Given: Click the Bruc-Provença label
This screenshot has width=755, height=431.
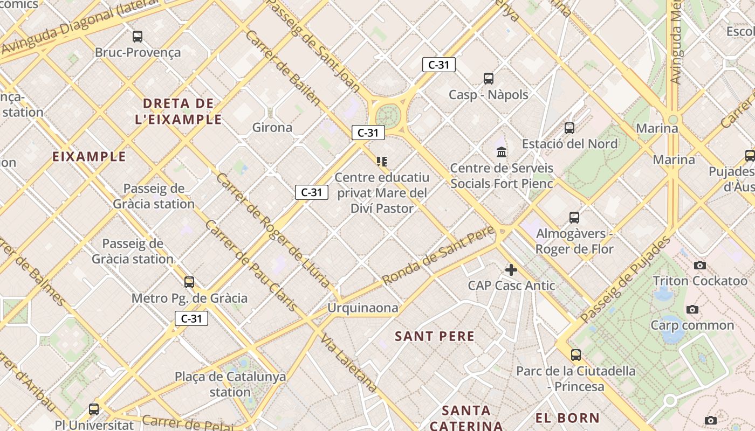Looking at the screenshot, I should (x=138, y=52).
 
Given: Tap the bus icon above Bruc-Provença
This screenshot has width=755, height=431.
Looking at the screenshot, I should (x=138, y=37).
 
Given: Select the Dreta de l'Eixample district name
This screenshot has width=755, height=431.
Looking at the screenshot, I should (x=179, y=111).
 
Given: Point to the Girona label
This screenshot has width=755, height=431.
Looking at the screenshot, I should (x=272, y=128).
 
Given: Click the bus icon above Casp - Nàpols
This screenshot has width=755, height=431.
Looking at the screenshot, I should (x=489, y=79).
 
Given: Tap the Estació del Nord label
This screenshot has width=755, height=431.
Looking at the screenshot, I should (x=569, y=144).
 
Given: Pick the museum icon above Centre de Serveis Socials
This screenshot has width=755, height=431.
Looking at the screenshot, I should (x=502, y=152).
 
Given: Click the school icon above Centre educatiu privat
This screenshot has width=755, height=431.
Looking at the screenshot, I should (x=382, y=162).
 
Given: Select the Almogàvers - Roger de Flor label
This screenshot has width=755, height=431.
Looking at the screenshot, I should (x=574, y=241).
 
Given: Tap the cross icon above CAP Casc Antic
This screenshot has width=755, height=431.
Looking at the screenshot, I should (x=511, y=270).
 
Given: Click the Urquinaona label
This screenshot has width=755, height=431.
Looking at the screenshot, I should (x=363, y=308).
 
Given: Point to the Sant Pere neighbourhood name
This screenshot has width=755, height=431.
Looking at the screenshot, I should (x=435, y=337).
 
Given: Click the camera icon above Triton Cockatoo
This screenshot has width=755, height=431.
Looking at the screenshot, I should (x=700, y=265).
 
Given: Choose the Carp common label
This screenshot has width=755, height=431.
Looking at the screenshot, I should (x=692, y=325).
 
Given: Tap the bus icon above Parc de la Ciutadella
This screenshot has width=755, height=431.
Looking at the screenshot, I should (x=576, y=355).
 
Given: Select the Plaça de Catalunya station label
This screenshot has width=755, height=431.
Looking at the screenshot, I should (x=230, y=384).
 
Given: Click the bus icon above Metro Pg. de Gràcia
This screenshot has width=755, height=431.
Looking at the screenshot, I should (x=189, y=282).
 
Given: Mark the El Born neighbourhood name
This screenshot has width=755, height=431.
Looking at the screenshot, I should (x=567, y=418).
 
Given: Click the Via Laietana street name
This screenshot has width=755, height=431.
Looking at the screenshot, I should (x=348, y=363).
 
